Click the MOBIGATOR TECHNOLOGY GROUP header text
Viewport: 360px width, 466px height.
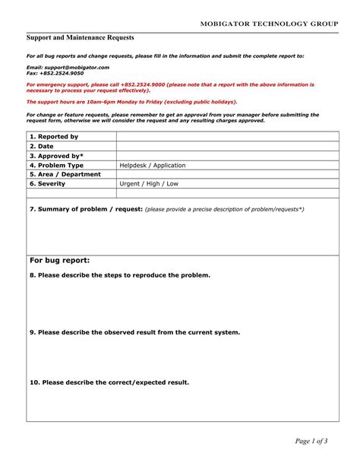pyautogui.click(x=269, y=24)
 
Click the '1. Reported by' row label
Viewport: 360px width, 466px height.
pyautogui.click(x=54, y=137)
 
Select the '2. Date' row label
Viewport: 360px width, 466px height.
pyautogui.click(x=43, y=146)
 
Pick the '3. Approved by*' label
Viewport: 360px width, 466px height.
pyautogui.click(x=56, y=156)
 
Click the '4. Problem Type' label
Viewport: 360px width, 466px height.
pyautogui.click(x=56, y=165)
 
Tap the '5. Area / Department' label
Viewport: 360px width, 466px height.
pyautogui.click(x=65, y=174)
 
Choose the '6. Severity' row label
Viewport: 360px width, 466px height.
pyautogui.click(x=49, y=184)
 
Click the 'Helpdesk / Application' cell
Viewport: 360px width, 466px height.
pyautogui.click(x=153, y=165)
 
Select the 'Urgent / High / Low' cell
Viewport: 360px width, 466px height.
pyautogui.click(x=150, y=184)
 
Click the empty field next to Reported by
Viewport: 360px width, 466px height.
pyautogui.click(x=227, y=137)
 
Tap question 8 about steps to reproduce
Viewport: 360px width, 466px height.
pyautogui.click(x=120, y=275)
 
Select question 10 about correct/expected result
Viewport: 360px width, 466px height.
pyautogui.click(x=109, y=382)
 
